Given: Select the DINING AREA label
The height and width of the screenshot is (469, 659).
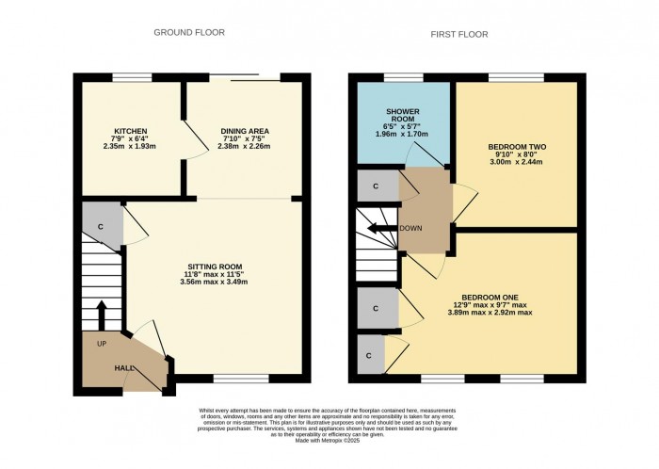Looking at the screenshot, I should pyautogui.click(x=240, y=130).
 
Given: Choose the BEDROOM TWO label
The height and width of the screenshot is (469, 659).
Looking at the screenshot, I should pyautogui.click(x=517, y=148).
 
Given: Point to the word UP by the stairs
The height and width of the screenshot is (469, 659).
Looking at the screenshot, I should pyautogui.click(x=100, y=344).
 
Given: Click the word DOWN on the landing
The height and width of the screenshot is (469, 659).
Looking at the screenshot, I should pyautogui.click(x=410, y=228).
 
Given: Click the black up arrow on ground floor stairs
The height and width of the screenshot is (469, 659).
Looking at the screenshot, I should pyautogui.click(x=102, y=312).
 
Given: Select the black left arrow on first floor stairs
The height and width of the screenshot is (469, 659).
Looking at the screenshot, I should pyautogui.click(x=380, y=228).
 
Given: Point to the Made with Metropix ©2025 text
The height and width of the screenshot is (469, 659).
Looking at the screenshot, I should pyautogui.click(x=329, y=441).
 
